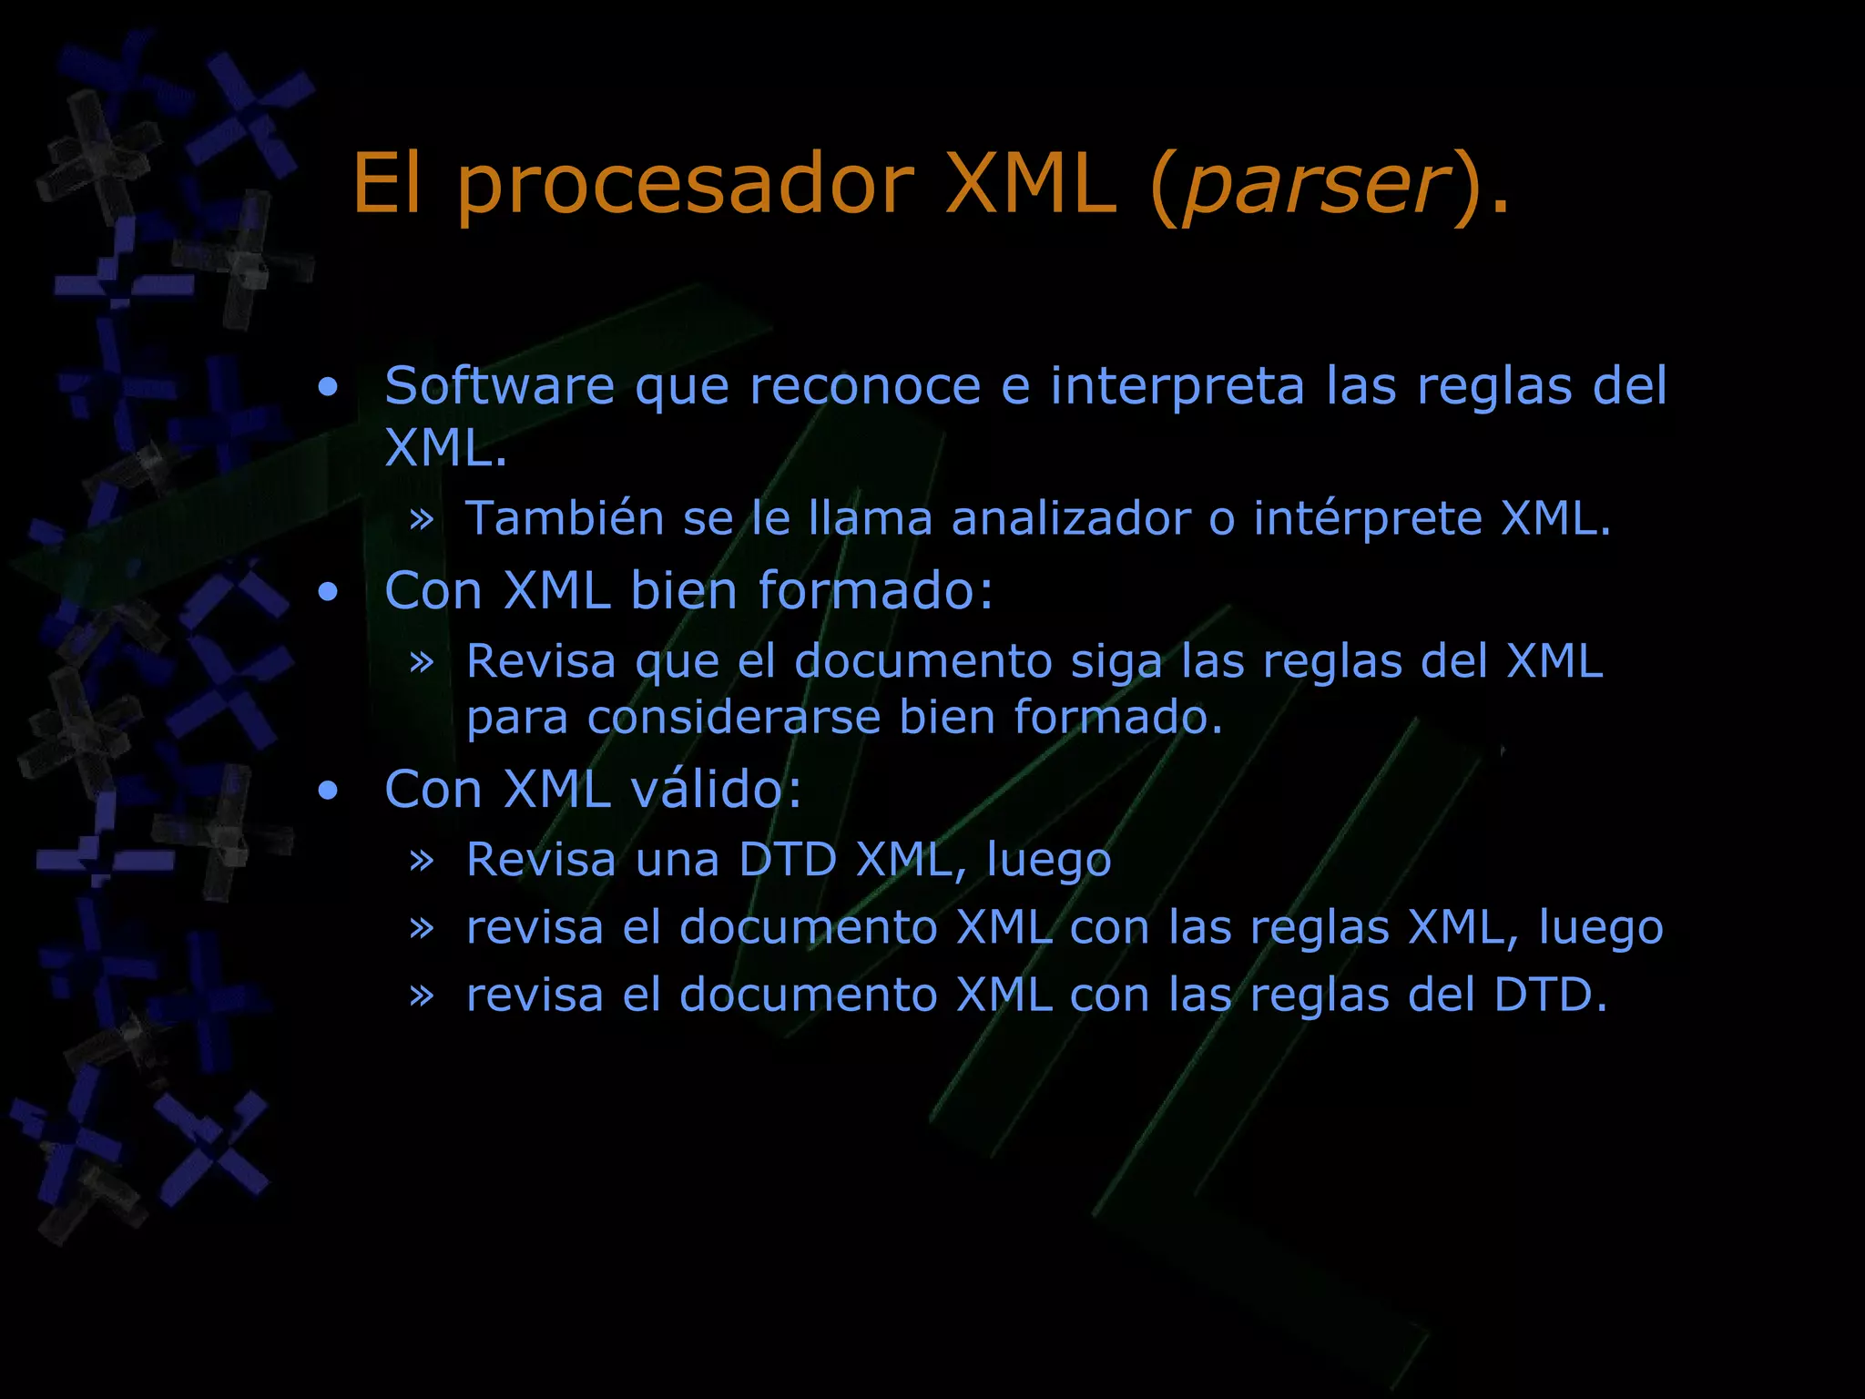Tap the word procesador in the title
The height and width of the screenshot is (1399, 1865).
coord(684,187)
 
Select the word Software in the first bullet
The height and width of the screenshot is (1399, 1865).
coord(499,386)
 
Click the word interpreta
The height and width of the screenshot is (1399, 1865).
coord(1177,386)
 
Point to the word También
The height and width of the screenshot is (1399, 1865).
coord(565,519)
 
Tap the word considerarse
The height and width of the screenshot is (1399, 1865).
coord(734,718)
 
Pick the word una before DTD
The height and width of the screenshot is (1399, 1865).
coord(678,860)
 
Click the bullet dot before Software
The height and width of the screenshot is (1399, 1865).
coord(328,388)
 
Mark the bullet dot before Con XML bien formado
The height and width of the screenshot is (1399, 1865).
coord(328,593)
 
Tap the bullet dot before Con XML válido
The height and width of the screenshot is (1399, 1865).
coord(328,791)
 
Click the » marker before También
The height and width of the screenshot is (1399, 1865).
coord(421,520)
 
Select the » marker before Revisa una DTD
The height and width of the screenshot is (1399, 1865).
coord(421,861)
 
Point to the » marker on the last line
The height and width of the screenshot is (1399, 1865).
coord(421,996)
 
